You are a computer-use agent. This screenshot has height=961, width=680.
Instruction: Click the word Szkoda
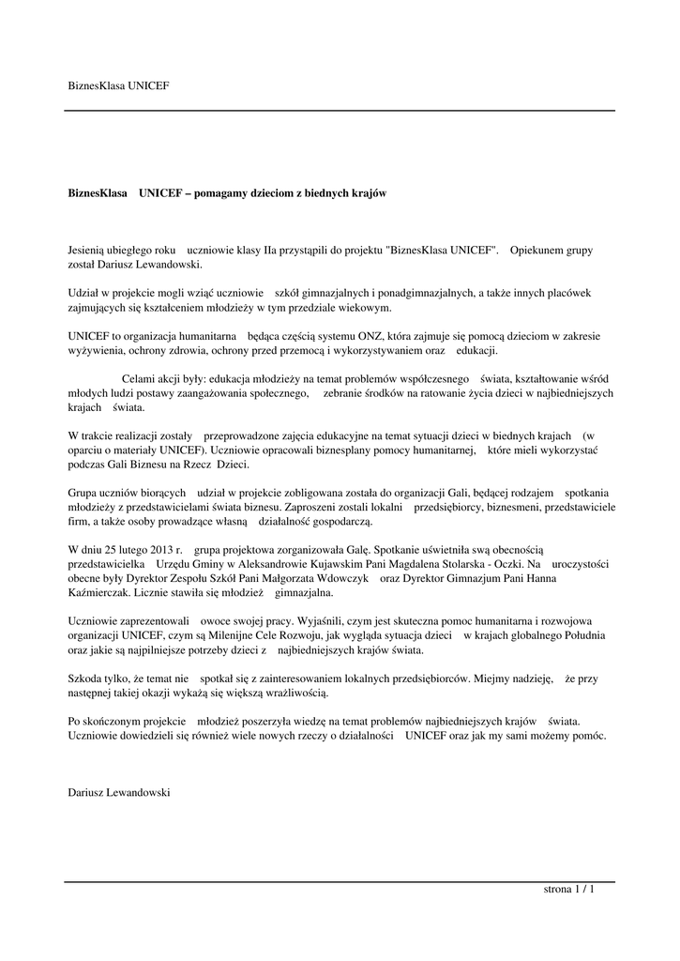click(x=86, y=678)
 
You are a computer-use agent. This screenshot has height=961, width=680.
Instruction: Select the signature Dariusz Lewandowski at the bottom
click(x=118, y=792)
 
